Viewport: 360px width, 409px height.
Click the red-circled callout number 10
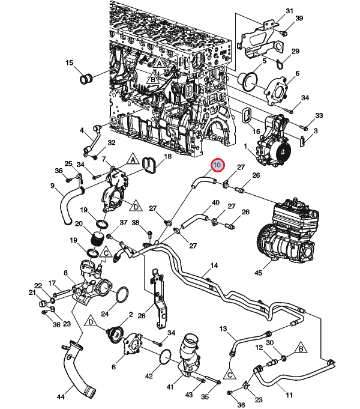tap(217, 165)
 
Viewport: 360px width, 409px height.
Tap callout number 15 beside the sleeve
tap(69, 62)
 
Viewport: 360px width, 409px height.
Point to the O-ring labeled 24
tap(121, 294)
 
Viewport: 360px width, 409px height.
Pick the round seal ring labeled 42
tap(165, 357)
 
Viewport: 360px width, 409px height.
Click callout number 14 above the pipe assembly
tap(214, 265)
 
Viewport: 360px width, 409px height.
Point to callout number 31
tap(289, 11)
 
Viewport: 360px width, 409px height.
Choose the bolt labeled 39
tap(284, 33)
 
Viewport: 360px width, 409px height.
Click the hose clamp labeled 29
tap(279, 64)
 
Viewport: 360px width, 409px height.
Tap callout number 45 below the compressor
tap(258, 273)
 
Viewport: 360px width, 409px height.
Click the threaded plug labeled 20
tap(99, 238)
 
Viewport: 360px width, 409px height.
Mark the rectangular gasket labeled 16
tap(247, 115)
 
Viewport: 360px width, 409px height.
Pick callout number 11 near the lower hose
tap(289, 395)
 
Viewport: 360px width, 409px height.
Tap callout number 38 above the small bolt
tap(136, 222)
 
